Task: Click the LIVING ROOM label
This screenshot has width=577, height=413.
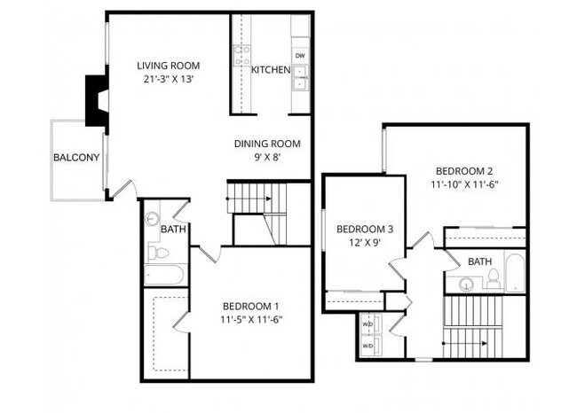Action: click(x=168, y=66)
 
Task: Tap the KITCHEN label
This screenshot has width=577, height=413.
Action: click(x=271, y=70)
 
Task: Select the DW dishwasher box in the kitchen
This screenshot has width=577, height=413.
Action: click(x=300, y=57)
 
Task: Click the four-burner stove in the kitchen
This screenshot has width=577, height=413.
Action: click(x=241, y=56)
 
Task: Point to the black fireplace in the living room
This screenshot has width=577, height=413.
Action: click(x=94, y=99)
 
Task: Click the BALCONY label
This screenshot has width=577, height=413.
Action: click(x=76, y=159)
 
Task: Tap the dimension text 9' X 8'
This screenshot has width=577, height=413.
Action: click(x=266, y=159)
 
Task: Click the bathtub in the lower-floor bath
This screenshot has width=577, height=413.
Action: click(x=163, y=275)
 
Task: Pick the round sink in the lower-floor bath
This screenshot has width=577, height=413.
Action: click(x=152, y=218)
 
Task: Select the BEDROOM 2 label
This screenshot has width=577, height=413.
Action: click(x=463, y=171)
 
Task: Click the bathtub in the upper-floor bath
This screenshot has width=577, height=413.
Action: click(x=514, y=272)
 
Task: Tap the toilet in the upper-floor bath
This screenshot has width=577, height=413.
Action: click(x=492, y=278)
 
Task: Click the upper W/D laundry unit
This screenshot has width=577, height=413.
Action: click(x=369, y=324)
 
